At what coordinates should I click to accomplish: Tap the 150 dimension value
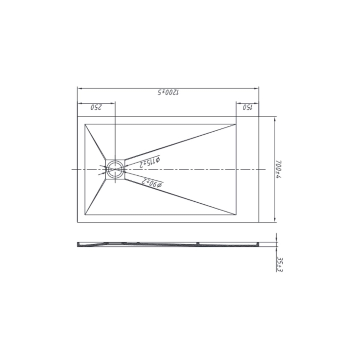click(248, 107)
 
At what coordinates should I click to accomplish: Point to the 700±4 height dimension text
click(279, 169)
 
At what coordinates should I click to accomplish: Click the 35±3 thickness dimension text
click(280, 264)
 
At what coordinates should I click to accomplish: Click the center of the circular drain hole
click(116, 169)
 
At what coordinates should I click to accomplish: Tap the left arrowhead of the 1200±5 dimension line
click(79, 88)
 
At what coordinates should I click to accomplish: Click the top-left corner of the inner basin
click(85, 124)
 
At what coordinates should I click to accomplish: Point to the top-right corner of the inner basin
click(237, 124)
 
